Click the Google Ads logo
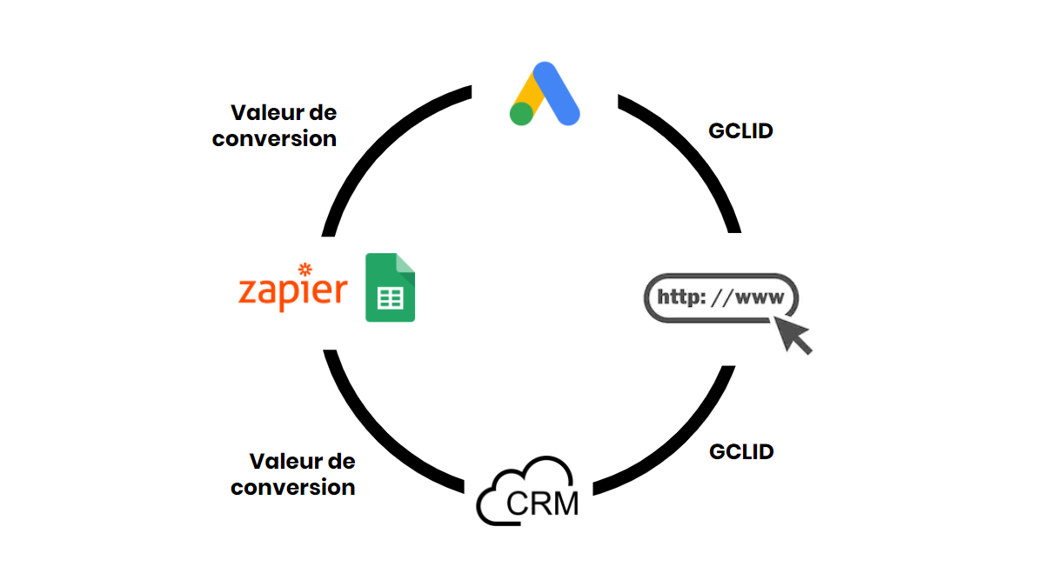pos(545,95)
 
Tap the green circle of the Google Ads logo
pos(521,114)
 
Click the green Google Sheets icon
pos(390,288)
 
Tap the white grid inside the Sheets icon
pos(390,298)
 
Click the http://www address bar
pos(720,297)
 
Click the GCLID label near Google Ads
pos(741,131)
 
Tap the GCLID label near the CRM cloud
pos(741,452)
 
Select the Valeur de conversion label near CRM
pos(294,474)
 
